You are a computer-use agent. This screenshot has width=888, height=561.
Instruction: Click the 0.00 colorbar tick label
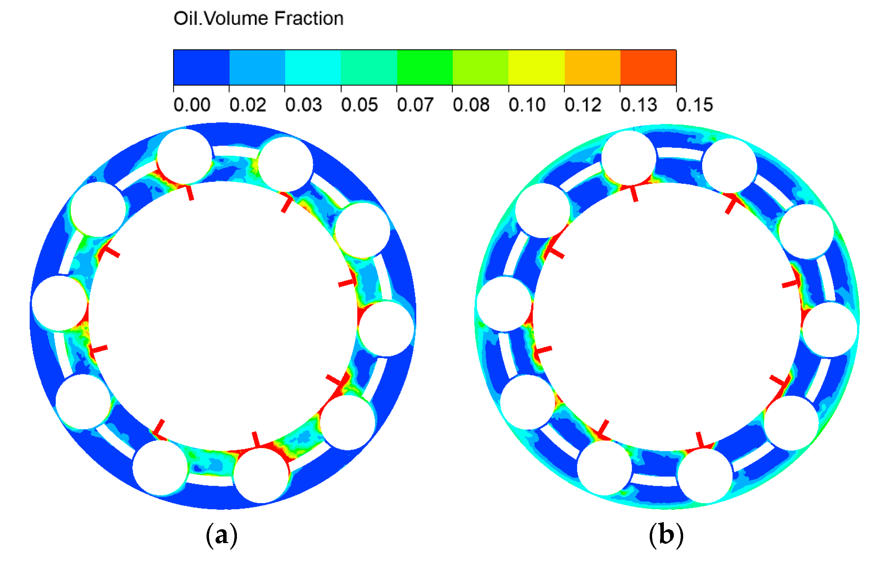[x=192, y=105]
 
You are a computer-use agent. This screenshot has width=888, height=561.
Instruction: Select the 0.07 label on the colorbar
[x=415, y=105]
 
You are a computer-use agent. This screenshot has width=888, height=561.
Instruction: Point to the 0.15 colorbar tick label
[x=695, y=105]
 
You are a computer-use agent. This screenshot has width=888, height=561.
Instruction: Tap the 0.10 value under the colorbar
[x=527, y=105]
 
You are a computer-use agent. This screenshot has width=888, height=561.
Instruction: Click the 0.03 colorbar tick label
[x=303, y=105]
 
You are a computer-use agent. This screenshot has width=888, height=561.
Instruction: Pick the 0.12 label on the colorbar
[x=583, y=105]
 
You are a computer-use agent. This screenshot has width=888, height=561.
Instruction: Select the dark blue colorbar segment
[x=201, y=68]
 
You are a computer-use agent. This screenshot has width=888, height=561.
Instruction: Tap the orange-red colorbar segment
[x=648, y=68]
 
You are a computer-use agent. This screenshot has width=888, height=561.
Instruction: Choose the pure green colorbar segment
[x=425, y=68]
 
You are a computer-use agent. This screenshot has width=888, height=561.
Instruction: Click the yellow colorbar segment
[x=536, y=68]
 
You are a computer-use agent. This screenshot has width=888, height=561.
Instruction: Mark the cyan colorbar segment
[x=313, y=68]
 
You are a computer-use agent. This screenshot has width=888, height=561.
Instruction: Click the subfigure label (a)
[x=221, y=535]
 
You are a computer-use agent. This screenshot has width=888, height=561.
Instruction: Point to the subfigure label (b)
[x=666, y=535]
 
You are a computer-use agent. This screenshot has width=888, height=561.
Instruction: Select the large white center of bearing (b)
[x=667, y=317]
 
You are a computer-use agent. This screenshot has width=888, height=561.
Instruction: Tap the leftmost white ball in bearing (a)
[x=60, y=303]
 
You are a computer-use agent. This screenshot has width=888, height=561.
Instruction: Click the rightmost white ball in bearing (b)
[x=830, y=329]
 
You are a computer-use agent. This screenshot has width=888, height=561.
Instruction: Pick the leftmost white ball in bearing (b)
[x=505, y=304]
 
